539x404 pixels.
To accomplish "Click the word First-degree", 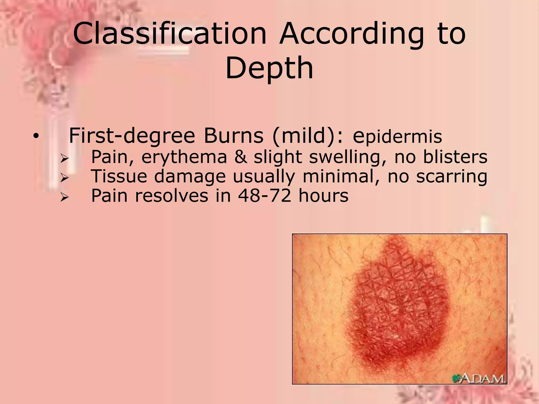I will click(132, 136).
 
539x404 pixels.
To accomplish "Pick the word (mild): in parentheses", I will click(308, 136).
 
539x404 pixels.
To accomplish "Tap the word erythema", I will click(184, 157).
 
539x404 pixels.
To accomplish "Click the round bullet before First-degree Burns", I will click(36, 137).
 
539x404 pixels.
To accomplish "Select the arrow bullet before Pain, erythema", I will click(64, 159).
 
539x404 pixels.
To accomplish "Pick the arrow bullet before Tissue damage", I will click(64, 178).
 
